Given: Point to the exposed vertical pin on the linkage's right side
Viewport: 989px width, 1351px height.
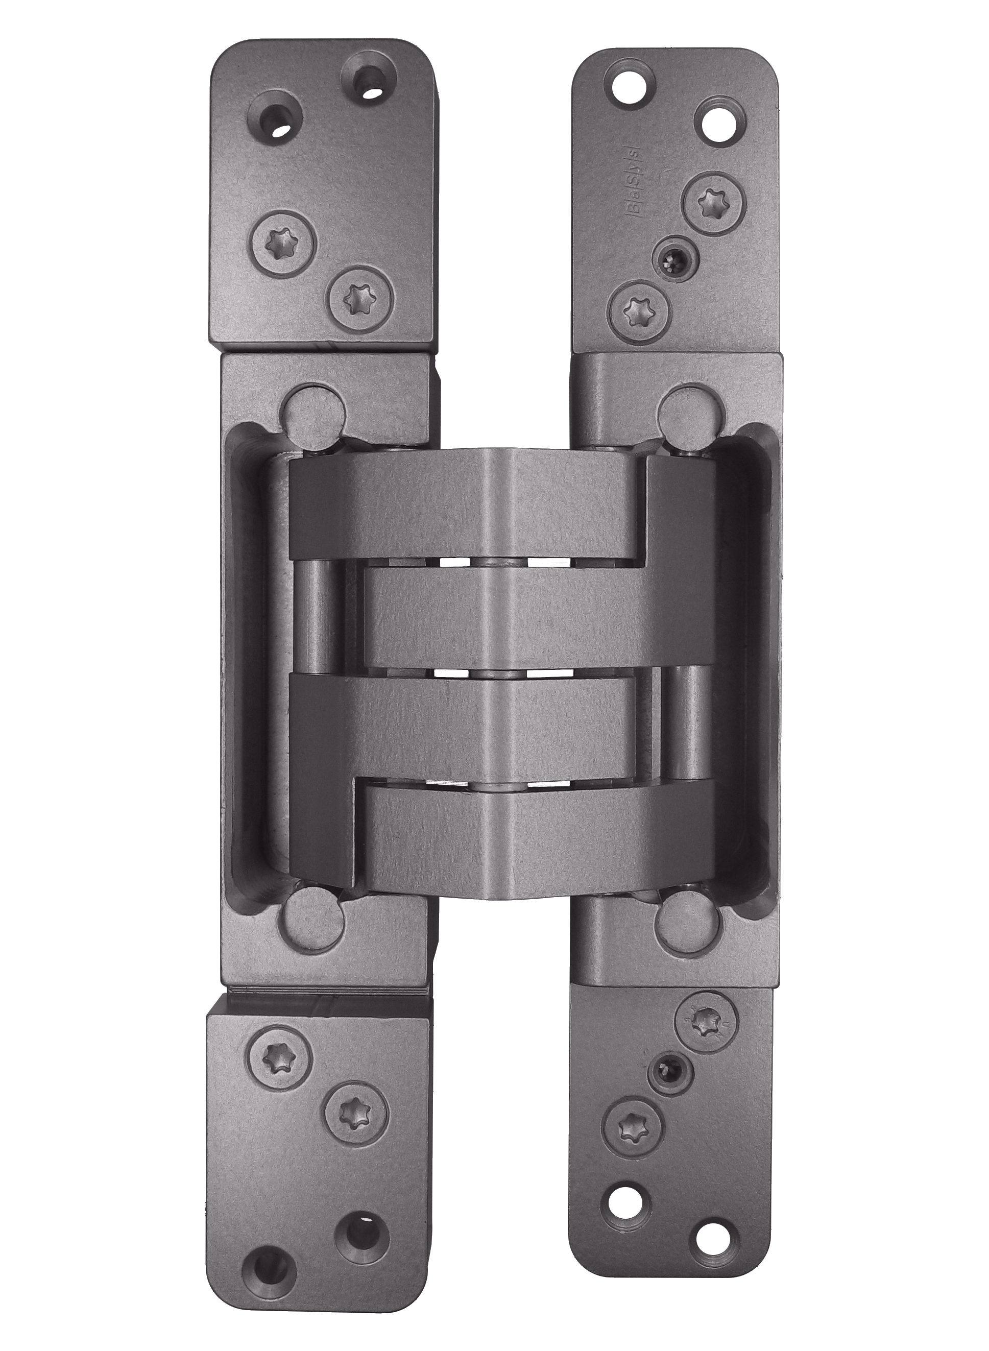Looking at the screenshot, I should [684, 727].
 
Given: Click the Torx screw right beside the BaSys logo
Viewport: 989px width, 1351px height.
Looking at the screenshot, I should [716, 201].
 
